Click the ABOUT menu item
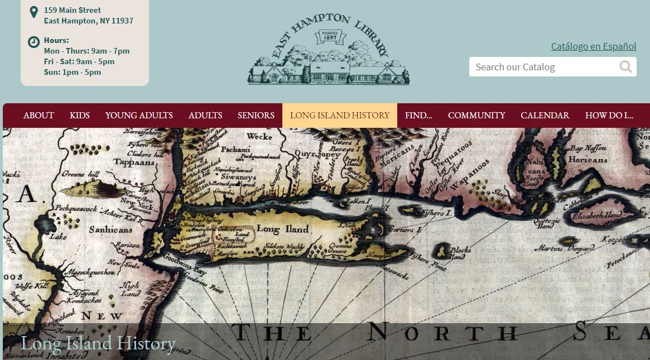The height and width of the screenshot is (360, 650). [x=38, y=116]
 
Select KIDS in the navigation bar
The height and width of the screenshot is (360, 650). [x=80, y=116]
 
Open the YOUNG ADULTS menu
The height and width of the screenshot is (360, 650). [x=139, y=116]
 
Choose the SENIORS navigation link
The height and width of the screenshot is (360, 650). [x=256, y=116]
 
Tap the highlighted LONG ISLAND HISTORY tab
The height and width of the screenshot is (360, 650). [x=340, y=116]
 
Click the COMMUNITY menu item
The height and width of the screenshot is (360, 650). [x=476, y=116]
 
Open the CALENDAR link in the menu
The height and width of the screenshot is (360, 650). [x=545, y=116]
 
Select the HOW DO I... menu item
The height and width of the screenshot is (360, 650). [x=609, y=116]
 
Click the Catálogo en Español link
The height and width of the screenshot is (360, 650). [x=594, y=46]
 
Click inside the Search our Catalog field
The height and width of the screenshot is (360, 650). [x=541, y=67]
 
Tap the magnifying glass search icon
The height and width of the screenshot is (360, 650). [x=626, y=67]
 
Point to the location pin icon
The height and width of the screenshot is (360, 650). [x=33, y=12]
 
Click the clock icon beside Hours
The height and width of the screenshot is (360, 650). [x=34, y=41]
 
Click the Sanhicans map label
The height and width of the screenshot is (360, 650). [x=111, y=229]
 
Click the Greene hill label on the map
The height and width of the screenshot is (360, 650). [x=81, y=174]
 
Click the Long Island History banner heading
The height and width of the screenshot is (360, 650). [x=98, y=343]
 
